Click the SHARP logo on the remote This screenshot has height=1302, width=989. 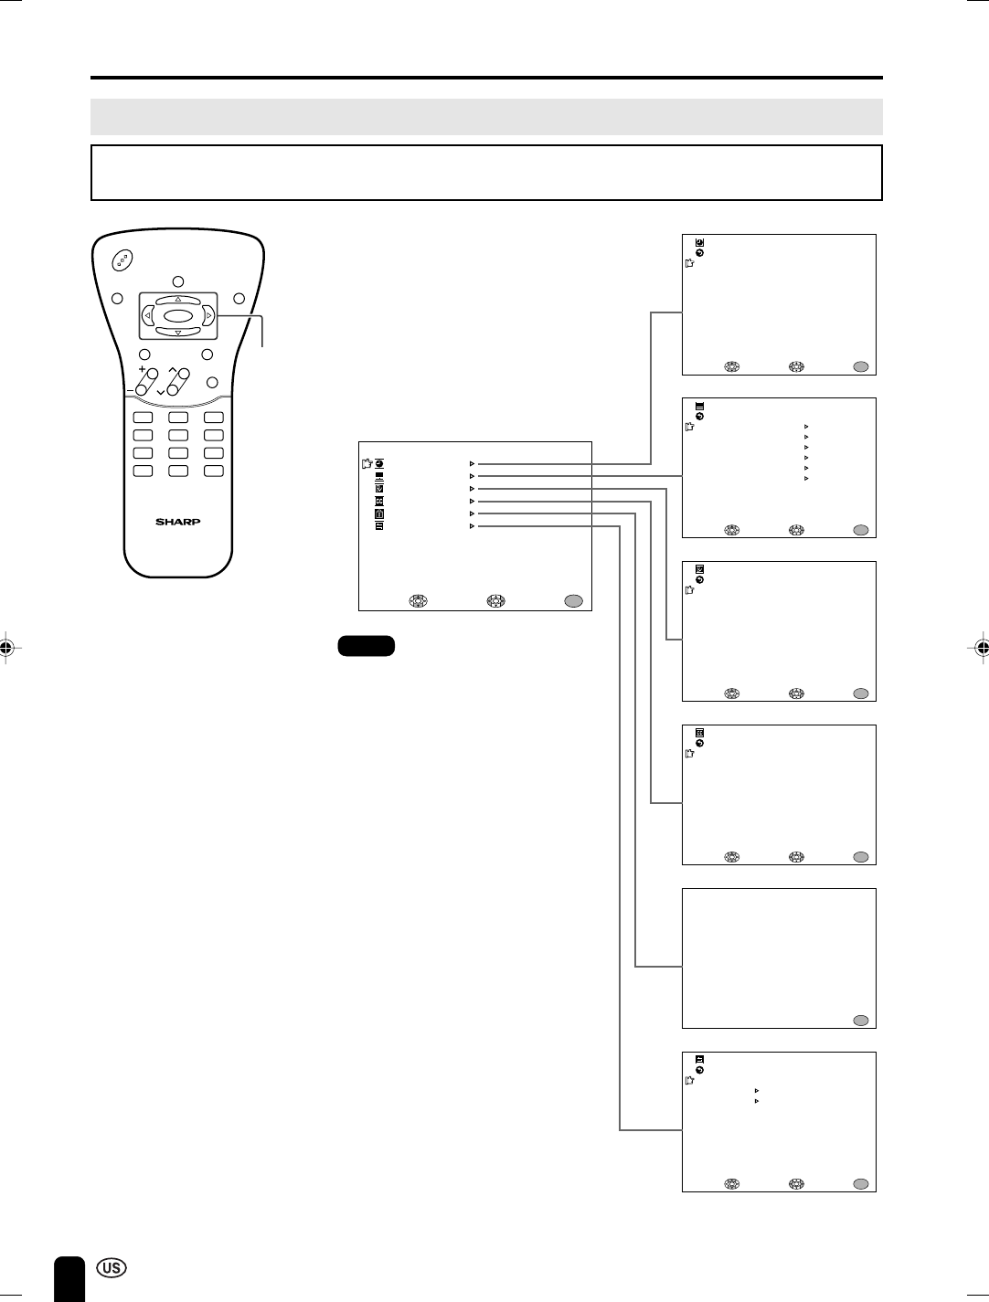click(x=177, y=522)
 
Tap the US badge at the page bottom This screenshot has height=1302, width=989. click(x=110, y=1268)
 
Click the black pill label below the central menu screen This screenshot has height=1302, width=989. click(x=366, y=646)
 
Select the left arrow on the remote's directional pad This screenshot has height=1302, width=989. click(x=148, y=316)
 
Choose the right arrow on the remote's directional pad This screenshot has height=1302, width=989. click(x=208, y=316)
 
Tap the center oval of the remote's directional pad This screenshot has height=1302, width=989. click(x=178, y=316)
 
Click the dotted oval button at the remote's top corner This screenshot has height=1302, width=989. click(x=122, y=260)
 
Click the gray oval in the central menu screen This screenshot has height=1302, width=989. click(x=572, y=601)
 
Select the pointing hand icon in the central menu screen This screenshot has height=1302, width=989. click(x=367, y=463)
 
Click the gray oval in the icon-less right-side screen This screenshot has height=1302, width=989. click(x=860, y=1021)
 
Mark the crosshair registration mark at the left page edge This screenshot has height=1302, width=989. click(x=6, y=648)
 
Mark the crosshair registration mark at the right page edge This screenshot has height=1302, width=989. click(x=982, y=648)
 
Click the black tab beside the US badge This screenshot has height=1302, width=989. click(x=69, y=1277)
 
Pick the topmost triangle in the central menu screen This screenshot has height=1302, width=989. click(x=472, y=464)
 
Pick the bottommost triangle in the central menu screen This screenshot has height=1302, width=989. click(x=472, y=526)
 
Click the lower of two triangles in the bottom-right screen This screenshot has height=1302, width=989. click(x=757, y=1102)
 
